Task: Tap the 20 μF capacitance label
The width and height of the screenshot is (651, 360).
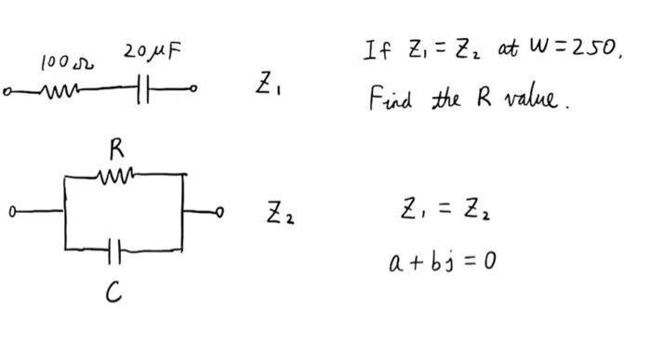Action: point(150,51)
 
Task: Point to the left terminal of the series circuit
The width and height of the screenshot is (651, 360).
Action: point(8,91)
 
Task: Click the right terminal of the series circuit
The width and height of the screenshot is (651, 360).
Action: point(194,91)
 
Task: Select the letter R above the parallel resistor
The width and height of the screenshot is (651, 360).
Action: point(117,148)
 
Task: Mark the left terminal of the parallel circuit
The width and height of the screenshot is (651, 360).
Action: point(11,211)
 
